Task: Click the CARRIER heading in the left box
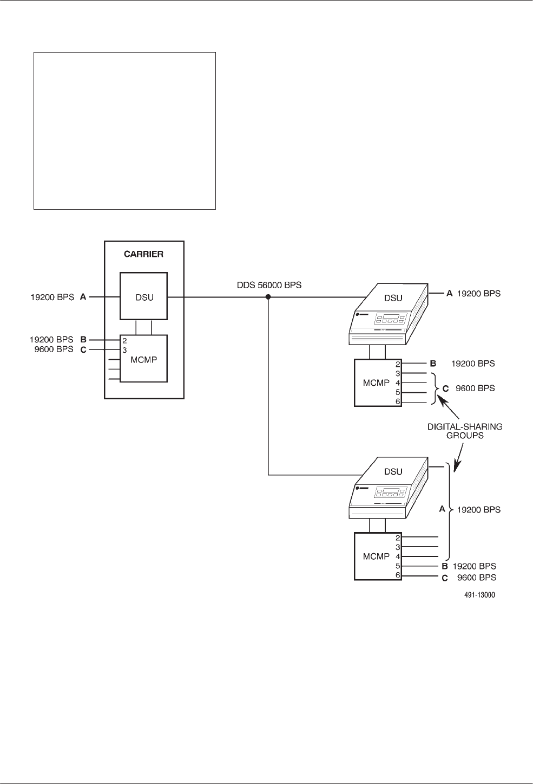point(143,255)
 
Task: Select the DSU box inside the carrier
point(144,297)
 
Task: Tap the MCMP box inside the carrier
point(143,358)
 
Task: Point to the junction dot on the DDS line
point(268,297)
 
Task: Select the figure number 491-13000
point(479,594)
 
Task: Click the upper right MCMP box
point(376,383)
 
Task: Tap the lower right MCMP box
point(376,556)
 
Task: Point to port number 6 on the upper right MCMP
point(397,402)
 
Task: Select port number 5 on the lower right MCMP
point(397,566)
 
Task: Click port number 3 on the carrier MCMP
point(124,351)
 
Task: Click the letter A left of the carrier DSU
point(83,297)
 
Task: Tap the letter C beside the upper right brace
point(445,388)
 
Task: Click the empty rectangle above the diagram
point(125,131)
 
